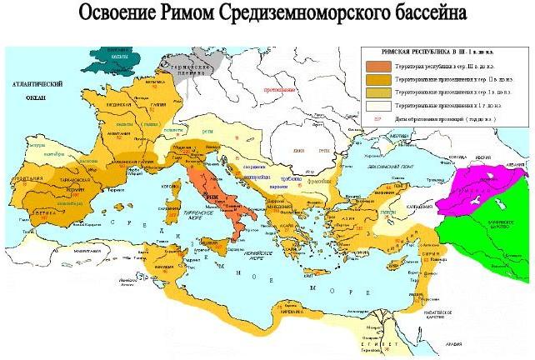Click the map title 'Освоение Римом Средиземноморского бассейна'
point(267,15)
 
